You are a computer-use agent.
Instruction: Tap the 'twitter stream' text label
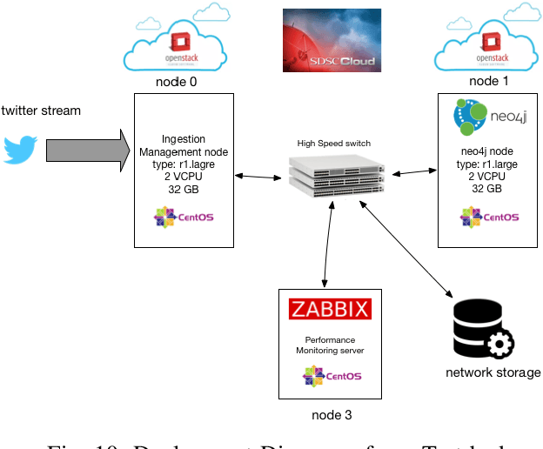[41, 111]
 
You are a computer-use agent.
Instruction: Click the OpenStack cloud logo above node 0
[177, 43]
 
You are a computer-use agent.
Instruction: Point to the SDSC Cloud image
[332, 40]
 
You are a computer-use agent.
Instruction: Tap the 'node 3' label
[332, 415]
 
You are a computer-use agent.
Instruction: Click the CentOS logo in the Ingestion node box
[183, 218]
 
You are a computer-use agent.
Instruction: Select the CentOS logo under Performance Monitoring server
[332, 376]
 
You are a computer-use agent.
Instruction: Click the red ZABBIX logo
[330, 309]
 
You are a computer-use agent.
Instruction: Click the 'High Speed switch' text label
[334, 142]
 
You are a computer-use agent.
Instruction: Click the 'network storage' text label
[493, 372]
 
